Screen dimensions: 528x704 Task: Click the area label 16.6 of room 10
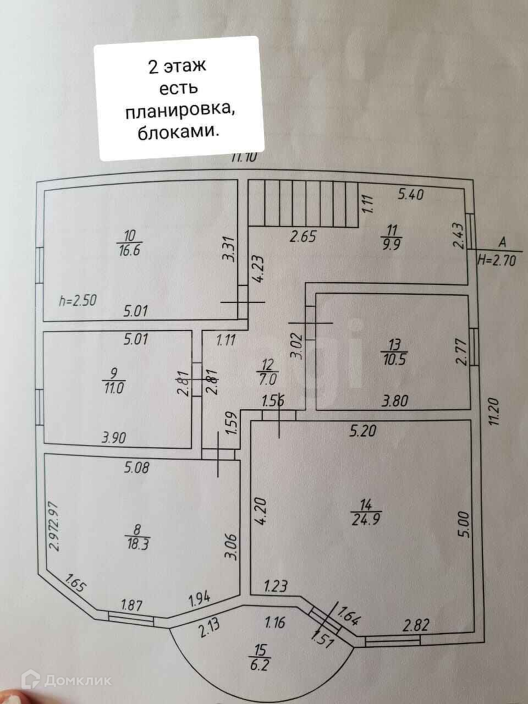point(129,250)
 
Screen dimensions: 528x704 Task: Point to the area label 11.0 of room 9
point(114,389)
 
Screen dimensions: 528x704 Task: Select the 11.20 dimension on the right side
point(494,411)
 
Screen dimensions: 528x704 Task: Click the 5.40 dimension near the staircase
point(411,195)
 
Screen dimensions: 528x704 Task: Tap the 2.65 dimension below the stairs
point(303,237)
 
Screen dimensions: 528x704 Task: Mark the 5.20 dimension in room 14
point(362,431)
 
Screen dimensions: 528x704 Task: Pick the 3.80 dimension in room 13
point(395,401)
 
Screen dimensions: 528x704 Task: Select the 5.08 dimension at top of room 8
point(136,468)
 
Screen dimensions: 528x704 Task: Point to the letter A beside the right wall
point(502,242)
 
